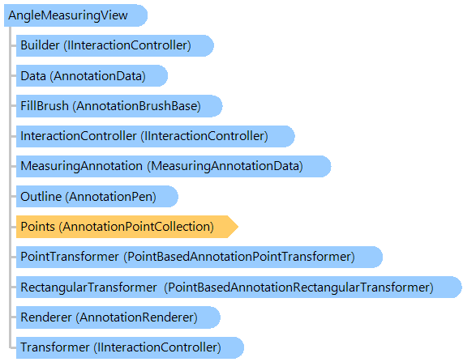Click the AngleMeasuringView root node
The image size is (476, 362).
75,15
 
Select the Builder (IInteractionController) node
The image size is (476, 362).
115,45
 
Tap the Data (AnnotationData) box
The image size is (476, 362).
92,76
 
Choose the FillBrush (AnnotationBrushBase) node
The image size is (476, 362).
119,106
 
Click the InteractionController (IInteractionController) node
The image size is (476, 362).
155,136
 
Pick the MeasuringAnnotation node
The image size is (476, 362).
174,166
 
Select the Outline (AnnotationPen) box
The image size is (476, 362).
96,197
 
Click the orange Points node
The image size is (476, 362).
127,227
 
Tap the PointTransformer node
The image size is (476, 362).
199,257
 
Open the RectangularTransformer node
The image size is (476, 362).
239,287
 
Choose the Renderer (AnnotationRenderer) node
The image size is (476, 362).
118,317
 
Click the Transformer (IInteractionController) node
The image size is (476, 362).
130,347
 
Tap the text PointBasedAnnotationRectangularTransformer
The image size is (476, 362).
298,287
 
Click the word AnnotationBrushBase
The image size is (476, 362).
136,106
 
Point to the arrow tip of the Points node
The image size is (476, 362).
238,227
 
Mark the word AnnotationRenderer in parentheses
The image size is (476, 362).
136,317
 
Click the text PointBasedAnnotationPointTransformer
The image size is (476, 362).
239,257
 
